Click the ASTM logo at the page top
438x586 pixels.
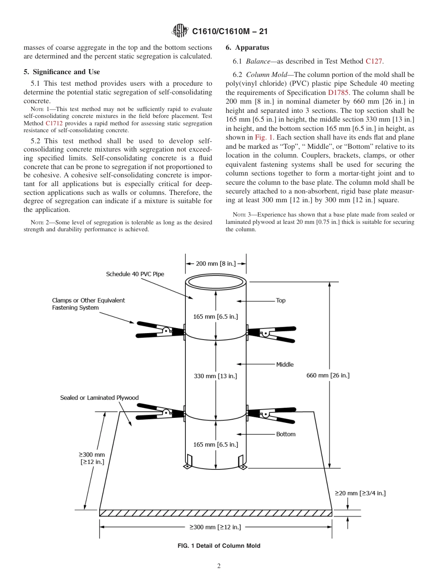click(x=180, y=31)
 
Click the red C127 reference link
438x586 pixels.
click(x=373, y=60)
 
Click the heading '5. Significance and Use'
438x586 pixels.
click(x=61, y=72)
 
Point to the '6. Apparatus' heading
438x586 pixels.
click(x=247, y=47)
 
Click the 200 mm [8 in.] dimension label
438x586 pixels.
click(x=216, y=264)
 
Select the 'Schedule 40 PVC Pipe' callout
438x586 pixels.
click(x=135, y=274)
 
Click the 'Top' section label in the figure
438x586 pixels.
click(x=280, y=300)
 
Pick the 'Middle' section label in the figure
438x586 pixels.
click(x=284, y=364)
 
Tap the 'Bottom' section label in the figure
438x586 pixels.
click(x=285, y=434)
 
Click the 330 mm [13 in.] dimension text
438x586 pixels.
click(x=215, y=376)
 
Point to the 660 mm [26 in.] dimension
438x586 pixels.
click(x=328, y=375)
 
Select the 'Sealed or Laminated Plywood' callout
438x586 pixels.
click(x=99, y=398)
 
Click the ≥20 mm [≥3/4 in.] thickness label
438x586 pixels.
click(x=360, y=493)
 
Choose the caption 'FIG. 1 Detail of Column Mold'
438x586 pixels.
click(x=219, y=546)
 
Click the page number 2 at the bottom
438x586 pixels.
click(x=219, y=566)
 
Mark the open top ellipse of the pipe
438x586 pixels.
click(x=216, y=281)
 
